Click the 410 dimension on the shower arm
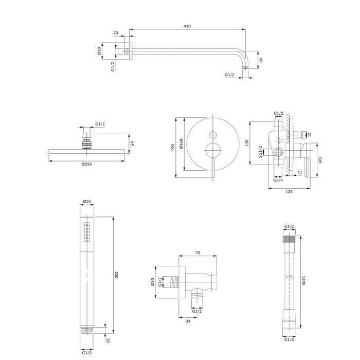pyautogui.click(x=187, y=26)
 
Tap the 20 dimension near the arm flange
pyautogui.click(x=116, y=33)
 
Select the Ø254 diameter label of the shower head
pyautogui.click(x=86, y=164)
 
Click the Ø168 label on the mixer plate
pyautogui.click(x=181, y=144)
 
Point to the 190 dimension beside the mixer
pyautogui.click(x=173, y=148)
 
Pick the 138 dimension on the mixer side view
pyautogui.click(x=247, y=143)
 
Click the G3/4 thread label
pyautogui.click(x=278, y=180)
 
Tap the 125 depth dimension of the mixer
pyautogui.click(x=289, y=191)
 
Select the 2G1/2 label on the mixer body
pyautogui.click(x=260, y=152)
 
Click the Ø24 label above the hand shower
pyautogui.click(x=87, y=202)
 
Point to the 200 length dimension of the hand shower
pyautogui.click(x=116, y=275)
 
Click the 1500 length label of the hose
pyautogui.click(x=303, y=280)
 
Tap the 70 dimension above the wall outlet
pyautogui.click(x=197, y=253)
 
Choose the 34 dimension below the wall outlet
pyautogui.click(x=188, y=321)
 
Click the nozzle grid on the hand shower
pyautogui.click(x=87, y=232)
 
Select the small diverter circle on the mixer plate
pyautogui.click(x=213, y=135)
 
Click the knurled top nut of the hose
pyautogui.click(x=289, y=239)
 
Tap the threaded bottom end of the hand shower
pyautogui.click(x=87, y=331)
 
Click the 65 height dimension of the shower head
pyautogui.click(x=132, y=143)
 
